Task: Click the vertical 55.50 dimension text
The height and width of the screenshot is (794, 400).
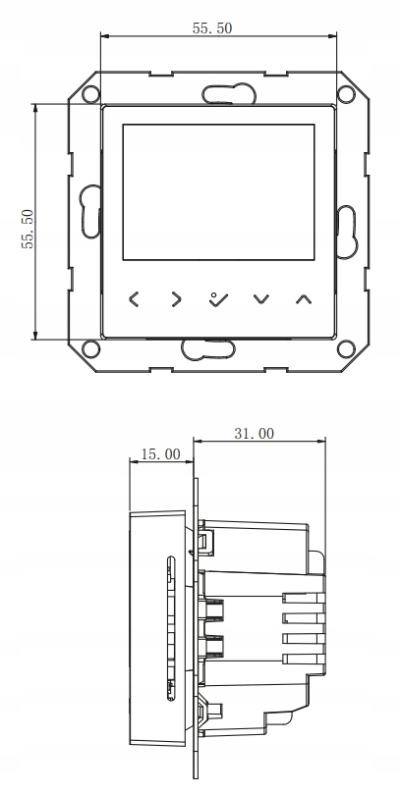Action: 29,229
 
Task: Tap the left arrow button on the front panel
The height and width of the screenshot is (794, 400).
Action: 135,297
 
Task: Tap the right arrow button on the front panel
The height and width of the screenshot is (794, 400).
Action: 177,297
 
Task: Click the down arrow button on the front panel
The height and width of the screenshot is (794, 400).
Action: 260,297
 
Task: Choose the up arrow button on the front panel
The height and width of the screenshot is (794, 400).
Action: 302,297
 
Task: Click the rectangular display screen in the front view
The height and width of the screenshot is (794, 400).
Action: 218,192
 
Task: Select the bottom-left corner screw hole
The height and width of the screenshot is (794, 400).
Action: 89,347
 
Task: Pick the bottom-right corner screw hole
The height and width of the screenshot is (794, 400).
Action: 346,347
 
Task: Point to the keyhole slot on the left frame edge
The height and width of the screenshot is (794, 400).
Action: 90,212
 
